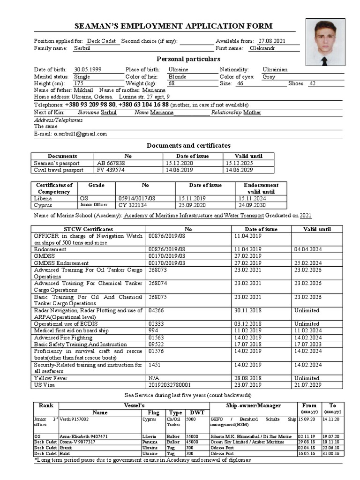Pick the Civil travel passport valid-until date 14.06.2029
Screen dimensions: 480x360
[239, 170]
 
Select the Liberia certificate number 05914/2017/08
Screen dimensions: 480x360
[136, 198]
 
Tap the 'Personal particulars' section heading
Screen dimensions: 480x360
[188, 59]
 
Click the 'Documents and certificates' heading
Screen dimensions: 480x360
[188, 145]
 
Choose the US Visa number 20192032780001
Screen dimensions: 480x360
[171, 385]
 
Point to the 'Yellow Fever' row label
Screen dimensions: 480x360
[51, 378]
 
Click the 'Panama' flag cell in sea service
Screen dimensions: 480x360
[150, 442]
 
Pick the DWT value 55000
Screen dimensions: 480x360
[194, 435]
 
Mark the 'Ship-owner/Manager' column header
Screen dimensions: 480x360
[253, 405]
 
